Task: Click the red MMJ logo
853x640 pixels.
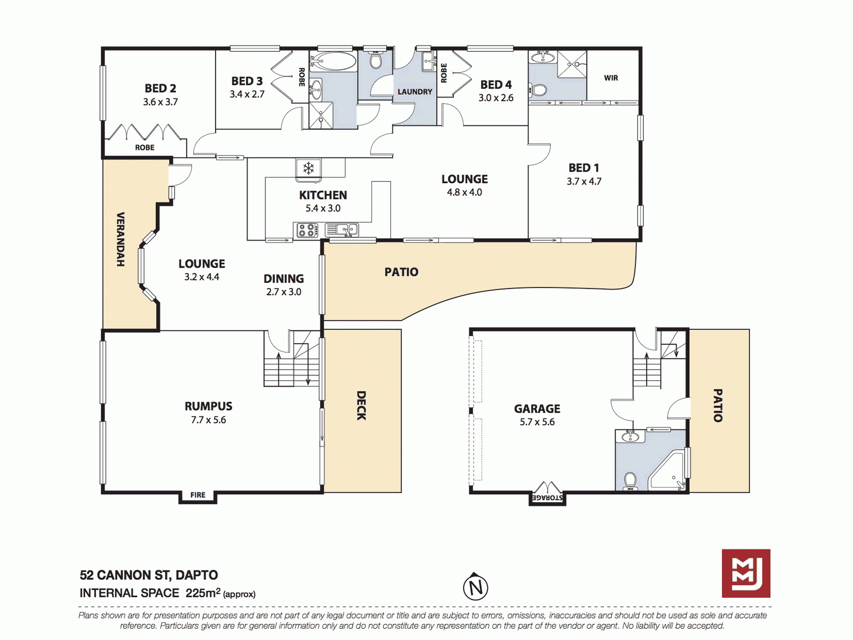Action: click(746, 573)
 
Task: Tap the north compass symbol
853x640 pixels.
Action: click(475, 587)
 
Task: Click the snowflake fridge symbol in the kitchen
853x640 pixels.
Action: click(308, 168)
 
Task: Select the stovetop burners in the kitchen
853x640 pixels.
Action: click(306, 230)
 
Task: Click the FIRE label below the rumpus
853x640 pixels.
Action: click(198, 494)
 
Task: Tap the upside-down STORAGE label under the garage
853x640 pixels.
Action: click(547, 498)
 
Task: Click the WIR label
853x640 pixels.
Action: click(611, 78)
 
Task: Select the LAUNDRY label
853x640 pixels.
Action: click(415, 92)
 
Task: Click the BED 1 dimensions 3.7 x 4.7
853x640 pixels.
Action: click(584, 181)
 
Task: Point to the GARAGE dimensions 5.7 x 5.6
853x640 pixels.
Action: click(537, 422)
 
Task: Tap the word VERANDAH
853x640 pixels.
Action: click(120, 239)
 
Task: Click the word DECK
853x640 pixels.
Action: click(361, 406)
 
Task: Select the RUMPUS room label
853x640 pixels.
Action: click(208, 406)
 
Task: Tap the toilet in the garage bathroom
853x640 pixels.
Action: click(630, 481)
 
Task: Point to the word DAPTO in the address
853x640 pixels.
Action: click(197, 575)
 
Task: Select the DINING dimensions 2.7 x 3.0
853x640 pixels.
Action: click(284, 292)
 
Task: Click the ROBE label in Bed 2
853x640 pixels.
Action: click(145, 147)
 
